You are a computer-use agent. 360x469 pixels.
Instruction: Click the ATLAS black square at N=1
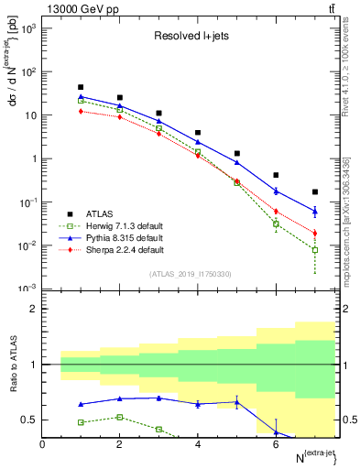(81, 88)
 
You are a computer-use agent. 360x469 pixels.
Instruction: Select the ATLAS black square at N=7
(314, 192)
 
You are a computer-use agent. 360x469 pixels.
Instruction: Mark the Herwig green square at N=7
(314, 250)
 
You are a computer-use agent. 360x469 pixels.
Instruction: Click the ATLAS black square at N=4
(198, 133)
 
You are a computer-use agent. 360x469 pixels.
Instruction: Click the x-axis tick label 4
(198, 445)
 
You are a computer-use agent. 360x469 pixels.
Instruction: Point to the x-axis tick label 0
(42, 445)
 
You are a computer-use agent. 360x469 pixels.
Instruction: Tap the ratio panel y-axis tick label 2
(33, 309)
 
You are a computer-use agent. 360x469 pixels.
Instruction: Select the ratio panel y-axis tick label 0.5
(29, 420)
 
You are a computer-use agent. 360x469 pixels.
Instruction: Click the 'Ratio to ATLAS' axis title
(13, 364)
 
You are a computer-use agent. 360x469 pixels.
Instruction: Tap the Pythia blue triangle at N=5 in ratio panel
(236, 402)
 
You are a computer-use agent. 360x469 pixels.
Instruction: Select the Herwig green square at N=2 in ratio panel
(120, 417)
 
